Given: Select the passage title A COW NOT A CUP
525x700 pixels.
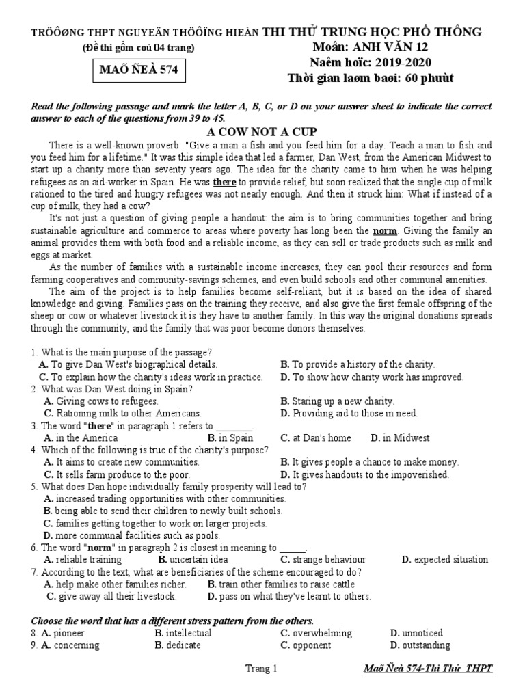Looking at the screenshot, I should [x=262, y=131].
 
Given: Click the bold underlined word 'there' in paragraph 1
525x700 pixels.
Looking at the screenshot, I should [x=224, y=183].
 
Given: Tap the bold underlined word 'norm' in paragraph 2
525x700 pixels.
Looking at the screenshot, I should [x=385, y=230].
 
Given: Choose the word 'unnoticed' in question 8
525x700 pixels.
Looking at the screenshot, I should [x=422, y=633].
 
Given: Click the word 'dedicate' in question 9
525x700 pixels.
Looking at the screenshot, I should [x=187, y=645].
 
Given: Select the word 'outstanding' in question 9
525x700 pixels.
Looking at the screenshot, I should [x=426, y=645].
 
